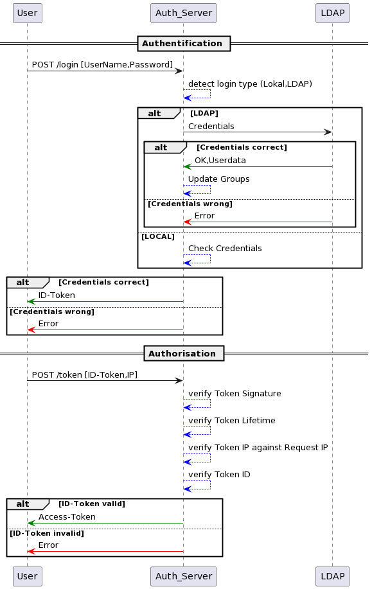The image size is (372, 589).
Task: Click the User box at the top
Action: coord(28,13)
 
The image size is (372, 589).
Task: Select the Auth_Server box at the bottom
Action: coord(183,576)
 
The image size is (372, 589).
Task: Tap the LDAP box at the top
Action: coord(333,13)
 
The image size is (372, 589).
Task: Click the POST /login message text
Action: coord(102,65)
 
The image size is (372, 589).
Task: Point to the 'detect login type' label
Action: coord(251,84)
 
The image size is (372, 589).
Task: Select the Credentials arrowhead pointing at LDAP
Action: coord(328,132)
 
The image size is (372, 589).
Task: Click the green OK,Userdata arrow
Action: coord(258,166)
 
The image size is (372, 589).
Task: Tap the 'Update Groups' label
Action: coord(218,179)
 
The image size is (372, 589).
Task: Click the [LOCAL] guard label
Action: coord(158,236)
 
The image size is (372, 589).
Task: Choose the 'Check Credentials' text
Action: coord(225,249)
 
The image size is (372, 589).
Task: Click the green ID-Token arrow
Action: coord(105,301)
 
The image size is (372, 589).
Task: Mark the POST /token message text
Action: coord(85,375)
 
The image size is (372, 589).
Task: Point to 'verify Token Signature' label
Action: coord(235,393)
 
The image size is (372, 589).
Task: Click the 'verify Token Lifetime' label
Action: coord(231,420)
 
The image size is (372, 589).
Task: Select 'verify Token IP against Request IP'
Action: coord(258,448)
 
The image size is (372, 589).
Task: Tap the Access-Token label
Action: coord(67,517)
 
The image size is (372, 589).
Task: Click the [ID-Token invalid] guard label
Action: coord(47,533)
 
